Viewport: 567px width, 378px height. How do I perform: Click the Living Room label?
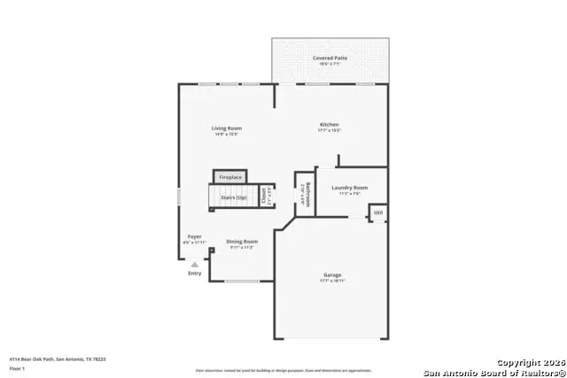(226, 128)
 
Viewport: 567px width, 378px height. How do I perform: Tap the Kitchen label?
(330, 125)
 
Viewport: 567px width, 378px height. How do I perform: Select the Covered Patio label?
(330, 58)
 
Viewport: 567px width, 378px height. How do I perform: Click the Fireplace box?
(230, 177)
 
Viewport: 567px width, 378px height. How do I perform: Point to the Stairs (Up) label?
(233, 197)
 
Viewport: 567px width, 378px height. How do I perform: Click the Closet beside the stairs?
(264, 197)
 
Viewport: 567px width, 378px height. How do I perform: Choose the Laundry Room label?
(349, 188)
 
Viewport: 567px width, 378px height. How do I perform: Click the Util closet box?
(377, 212)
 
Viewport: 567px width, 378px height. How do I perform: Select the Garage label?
(331, 274)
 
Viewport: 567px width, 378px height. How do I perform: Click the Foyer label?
(194, 236)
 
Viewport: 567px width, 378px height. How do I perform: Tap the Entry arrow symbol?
(194, 264)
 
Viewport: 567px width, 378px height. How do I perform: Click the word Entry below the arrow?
(194, 273)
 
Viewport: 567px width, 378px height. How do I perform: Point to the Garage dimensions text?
(331, 282)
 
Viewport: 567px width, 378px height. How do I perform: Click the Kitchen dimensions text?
(330, 132)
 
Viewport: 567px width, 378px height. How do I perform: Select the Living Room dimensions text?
(226, 135)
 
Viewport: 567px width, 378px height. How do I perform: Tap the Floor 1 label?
(17, 367)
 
